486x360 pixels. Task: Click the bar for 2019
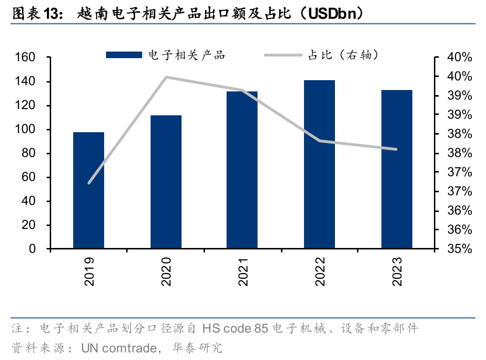(89, 190)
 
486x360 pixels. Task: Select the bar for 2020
(166, 182)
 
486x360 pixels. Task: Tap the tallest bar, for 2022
(319, 164)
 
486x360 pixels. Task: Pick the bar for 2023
(397, 169)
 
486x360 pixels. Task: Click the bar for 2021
(242, 170)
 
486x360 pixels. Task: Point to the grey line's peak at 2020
(167, 77)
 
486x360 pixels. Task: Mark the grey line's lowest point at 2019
(89, 183)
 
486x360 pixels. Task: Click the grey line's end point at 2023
(396, 150)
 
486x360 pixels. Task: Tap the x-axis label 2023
(397, 271)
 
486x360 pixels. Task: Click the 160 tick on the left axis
(25, 58)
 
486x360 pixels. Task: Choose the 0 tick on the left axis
(33, 249)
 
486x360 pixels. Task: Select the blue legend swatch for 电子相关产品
(124, 55)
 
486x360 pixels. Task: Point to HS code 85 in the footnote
(235, 329)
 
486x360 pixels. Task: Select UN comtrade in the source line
(118, 348)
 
